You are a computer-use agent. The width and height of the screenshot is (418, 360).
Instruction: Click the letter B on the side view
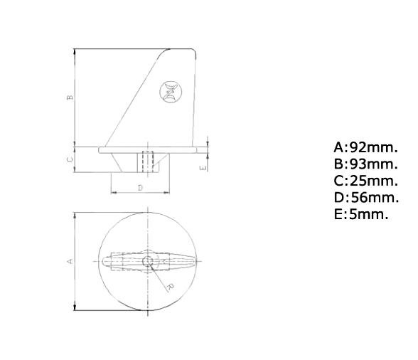click(x=70, y=97)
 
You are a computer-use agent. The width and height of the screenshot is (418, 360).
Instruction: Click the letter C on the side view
click(x=70, y=159)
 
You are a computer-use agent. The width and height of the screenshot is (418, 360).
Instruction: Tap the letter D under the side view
click(x=140, y=188)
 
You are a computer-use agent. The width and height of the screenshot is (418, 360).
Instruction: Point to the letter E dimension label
click(x=203, y=167)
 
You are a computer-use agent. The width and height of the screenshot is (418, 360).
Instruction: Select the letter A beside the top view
click(x=70, y=261)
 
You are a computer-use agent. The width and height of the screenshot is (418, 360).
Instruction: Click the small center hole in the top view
click(x=148, y=261)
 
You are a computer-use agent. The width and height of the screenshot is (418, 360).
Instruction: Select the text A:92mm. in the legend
click(x=365, y=148)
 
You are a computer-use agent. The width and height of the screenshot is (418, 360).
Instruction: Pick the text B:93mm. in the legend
click(x=365, y=164)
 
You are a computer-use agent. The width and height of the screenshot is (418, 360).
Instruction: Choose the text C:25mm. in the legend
click(x=365, y=181)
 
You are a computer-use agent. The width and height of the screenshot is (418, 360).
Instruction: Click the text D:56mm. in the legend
click(x=365, y=197)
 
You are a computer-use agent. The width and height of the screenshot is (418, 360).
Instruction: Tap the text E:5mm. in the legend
click(x=361, y=213)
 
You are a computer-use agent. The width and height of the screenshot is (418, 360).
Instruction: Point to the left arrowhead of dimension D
click(x=114, y=194)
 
